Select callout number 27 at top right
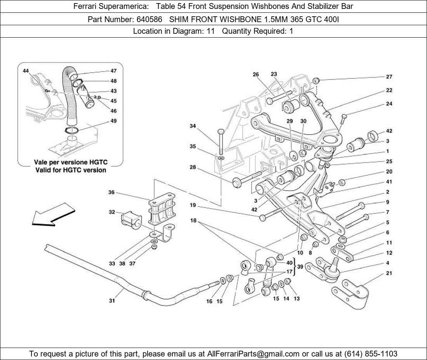coord(389,77)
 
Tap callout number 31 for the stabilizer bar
coord(112,300)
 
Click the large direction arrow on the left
coord(52,215)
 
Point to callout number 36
coord(111,192)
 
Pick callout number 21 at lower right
coord(389,273)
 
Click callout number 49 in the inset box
coord(113,121)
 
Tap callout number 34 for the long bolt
coord(193,126)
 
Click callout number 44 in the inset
coord(26,71)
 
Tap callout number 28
coord(193,168)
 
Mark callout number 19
coord(193,205)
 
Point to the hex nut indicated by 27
coord(316,81)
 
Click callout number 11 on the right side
coord(389,243)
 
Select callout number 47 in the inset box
coord(113,71)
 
